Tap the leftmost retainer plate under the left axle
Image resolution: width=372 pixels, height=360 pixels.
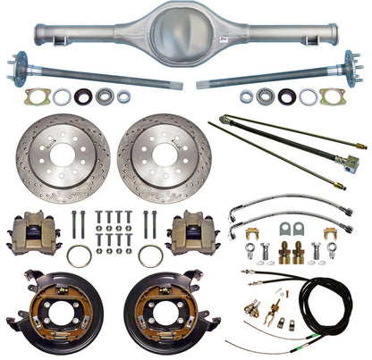(37, 96)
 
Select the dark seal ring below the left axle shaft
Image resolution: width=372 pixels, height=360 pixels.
(83, 96)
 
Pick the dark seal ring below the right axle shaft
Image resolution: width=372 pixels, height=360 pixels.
(286, 96)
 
